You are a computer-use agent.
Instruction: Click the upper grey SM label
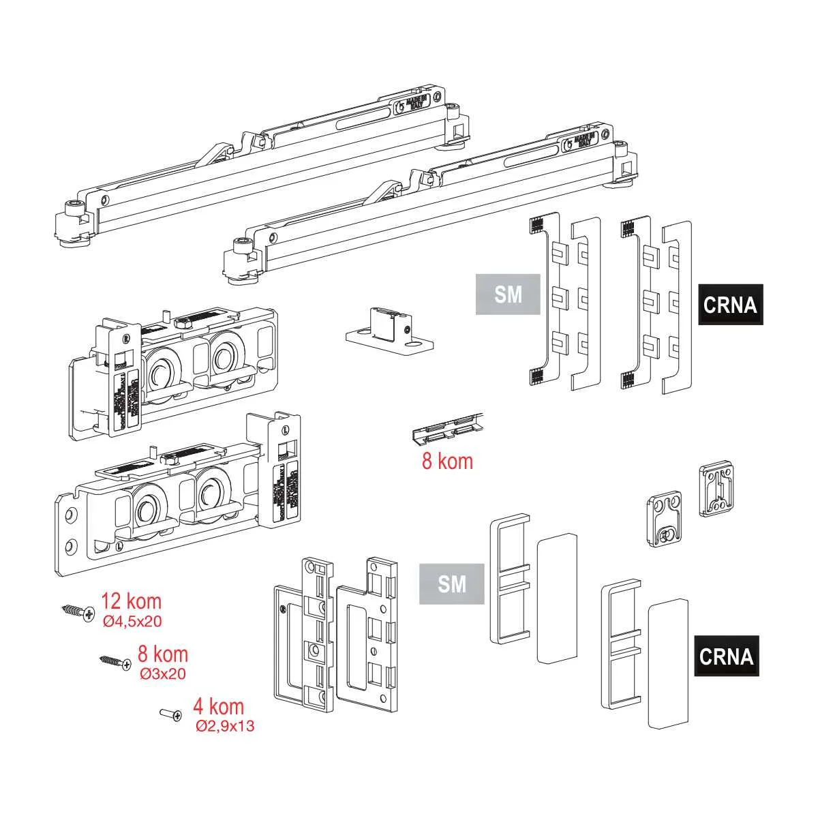coord(508,294)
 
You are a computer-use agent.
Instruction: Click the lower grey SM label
coord(452,584)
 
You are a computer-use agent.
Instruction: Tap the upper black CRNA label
coord(730,304)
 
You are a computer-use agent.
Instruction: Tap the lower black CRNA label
coord(727,656)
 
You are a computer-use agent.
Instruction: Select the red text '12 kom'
coord(132,601)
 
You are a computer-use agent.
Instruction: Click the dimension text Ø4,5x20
coord(132,621)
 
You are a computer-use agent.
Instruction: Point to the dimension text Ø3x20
coord(162,673)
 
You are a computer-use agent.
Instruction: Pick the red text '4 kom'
coord(218,706)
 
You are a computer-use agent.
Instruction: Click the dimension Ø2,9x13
coord(225,726)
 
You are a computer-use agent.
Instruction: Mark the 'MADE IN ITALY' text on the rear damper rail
coord(415,104)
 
